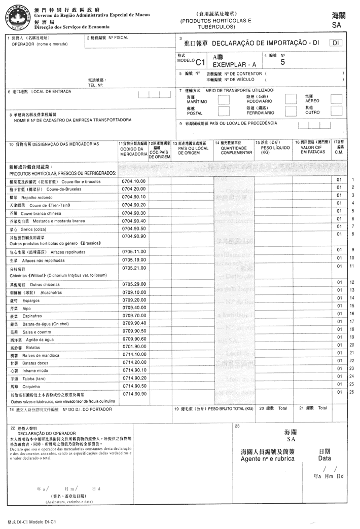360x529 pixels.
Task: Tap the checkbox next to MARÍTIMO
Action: [x=223, y=99]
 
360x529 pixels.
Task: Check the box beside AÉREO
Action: [x=336, y=99]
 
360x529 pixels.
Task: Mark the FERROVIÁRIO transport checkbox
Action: [x=291, y=111]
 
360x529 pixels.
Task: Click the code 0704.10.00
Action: [x=134, y=181]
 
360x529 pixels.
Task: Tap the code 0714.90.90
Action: [x=134, y=394]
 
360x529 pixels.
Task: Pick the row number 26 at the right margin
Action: [x=352, y=391]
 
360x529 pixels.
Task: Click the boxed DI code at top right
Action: [x=335, y=44]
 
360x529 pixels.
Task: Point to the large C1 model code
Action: [x=200, y=62]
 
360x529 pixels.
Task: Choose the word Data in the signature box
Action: [x=325, y=458]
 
